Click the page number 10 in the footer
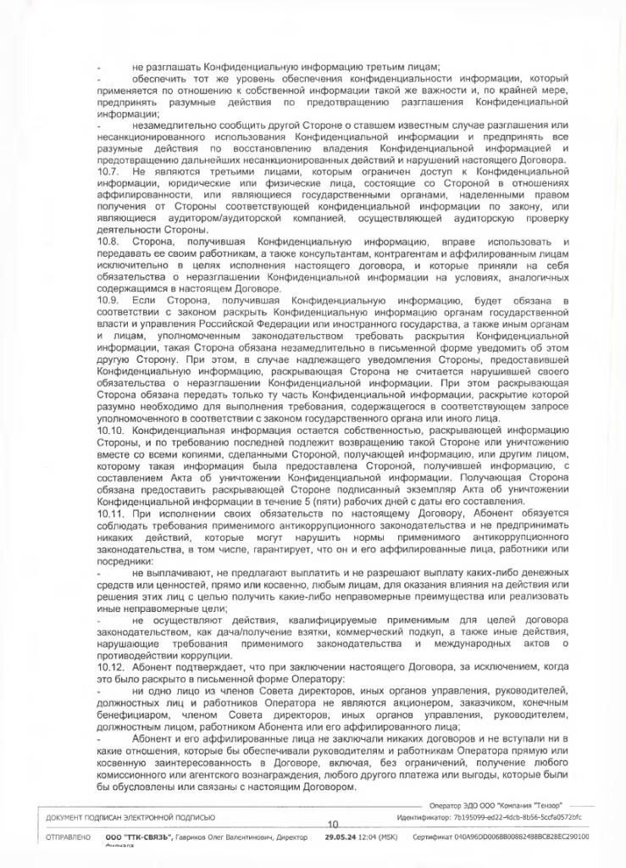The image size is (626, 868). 332,824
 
